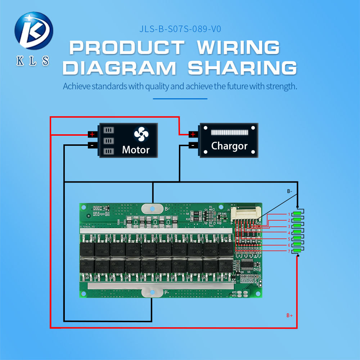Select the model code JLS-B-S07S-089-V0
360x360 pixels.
point(180,29)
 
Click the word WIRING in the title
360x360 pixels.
point(239,48)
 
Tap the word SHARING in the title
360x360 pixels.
point(242,68)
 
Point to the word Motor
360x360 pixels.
point(136,149)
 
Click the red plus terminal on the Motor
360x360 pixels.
point(92,134)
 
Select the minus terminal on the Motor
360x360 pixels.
point(92,145)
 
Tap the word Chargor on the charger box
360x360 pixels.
point(229,146)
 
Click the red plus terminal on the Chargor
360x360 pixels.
point(193,134)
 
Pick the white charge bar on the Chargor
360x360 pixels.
point(229,132)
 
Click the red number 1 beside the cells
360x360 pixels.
point(289,214)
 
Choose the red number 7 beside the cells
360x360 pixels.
point(289,251)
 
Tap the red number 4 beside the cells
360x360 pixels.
point(289,233)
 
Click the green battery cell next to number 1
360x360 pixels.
point(297,213)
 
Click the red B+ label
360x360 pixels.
point(289,315)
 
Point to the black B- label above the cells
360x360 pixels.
point(289,192)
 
